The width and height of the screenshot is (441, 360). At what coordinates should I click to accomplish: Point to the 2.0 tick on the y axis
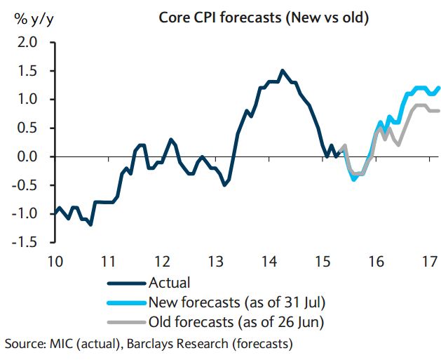click(x=26, y=43)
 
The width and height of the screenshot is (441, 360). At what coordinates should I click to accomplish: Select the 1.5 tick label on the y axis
click(x=26, y=71)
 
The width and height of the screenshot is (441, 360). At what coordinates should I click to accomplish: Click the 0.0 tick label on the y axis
click(x=26, y=156)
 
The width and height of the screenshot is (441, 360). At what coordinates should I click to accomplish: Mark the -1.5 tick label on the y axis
click(x=22, y=242)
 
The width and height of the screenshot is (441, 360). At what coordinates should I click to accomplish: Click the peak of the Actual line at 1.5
click(x=283, y=70)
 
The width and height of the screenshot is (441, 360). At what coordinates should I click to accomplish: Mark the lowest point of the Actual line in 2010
click(x=90, y=225)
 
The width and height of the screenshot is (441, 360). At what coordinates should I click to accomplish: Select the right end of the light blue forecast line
click(x=439, y=88)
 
